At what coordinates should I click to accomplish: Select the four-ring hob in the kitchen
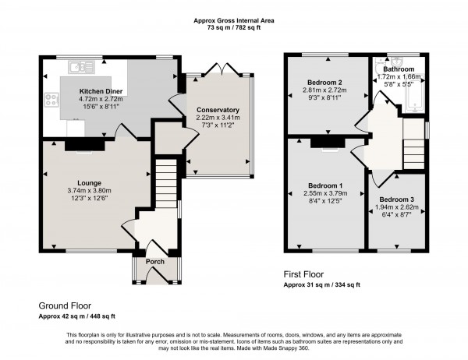[52, 99]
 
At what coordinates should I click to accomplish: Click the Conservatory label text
[218, 110]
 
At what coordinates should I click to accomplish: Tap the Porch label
[155, 261]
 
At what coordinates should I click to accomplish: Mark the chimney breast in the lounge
[85, 144]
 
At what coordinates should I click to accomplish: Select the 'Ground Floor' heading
[65, 305]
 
